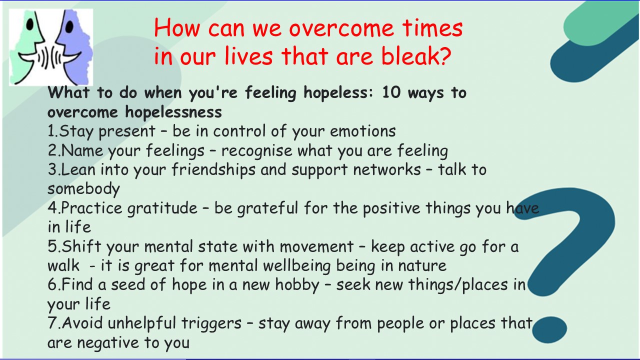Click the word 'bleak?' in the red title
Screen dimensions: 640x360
point(416,56)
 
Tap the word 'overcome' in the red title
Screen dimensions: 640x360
point(341,29)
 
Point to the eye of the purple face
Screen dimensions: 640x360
point(69,26)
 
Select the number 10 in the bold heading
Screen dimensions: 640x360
point(391,93)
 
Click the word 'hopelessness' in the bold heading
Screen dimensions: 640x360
point(173,111)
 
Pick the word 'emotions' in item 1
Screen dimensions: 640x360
point(363,131)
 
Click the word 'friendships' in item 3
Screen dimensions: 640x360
point(213,170)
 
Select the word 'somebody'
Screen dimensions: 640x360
point(83,189)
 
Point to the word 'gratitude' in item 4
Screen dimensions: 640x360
point(162,208)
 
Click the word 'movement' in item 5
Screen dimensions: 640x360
point(316,247)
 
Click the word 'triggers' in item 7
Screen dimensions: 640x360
point(211,324)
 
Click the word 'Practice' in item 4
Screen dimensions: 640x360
point(91,208)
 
